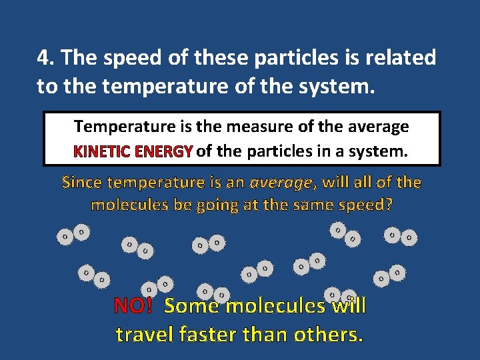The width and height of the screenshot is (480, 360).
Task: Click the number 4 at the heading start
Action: point(43,58)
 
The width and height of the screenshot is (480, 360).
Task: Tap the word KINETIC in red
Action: point(102,151)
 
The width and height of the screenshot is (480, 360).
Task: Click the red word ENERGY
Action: point(163,151)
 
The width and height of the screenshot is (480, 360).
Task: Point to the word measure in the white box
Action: point(254,126)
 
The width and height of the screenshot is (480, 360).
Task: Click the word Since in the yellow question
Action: point(83,181)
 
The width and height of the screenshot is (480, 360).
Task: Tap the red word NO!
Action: point(133,306)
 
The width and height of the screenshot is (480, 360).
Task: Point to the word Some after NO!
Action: point(192,306)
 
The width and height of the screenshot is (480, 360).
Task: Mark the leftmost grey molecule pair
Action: point(73,234)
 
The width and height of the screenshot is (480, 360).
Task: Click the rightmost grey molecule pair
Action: point(401,235)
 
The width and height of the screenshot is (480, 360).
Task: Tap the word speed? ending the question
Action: point(365,204)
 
